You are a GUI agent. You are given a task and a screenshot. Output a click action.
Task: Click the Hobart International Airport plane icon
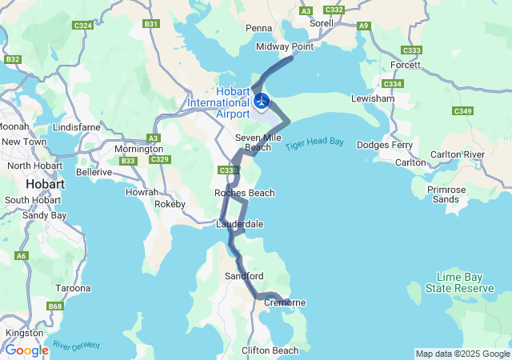point(261,101)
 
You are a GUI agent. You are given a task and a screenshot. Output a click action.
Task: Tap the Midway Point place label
point(284,47)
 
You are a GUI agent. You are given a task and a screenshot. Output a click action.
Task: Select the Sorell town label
point(321,24)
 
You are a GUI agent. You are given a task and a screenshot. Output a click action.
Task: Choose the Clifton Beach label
point(270,350)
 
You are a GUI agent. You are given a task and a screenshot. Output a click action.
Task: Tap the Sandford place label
point(245,276)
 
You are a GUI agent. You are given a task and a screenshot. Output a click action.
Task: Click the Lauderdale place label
point(240,224)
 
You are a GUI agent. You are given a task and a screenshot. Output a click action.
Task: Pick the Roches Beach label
point(245,193)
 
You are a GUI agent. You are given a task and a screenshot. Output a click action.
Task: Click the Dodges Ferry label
point(385,145)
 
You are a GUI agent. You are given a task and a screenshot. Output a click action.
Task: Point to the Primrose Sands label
point(446,194)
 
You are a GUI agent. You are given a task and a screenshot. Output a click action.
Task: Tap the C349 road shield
point(462,110)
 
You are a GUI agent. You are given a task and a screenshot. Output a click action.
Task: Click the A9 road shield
point(365,26)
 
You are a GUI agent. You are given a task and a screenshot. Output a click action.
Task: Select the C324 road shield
point(82,26)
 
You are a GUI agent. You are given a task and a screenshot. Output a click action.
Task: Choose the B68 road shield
point(55,306)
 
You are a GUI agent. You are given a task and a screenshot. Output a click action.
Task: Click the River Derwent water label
point(77,346)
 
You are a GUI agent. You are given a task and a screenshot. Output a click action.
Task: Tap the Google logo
point(26,350)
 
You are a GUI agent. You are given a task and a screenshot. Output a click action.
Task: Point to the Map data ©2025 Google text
point(462,354)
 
